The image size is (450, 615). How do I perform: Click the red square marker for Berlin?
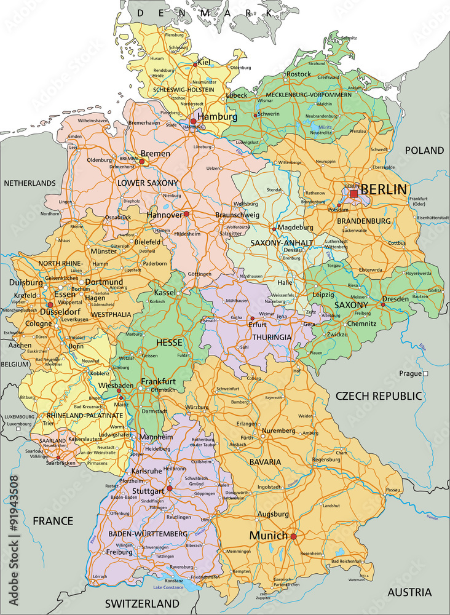click(353, 194)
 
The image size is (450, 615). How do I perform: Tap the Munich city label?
click(268, 536)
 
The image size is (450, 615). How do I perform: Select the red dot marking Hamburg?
click(193, 122)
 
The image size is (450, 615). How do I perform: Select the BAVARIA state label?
click(265, 461)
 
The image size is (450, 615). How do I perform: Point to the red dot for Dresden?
click(383, 304)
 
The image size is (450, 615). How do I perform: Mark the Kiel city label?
click(205, 62)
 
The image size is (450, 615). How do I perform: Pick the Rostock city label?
click(299, 74)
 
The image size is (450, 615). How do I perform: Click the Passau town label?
click(393, 490)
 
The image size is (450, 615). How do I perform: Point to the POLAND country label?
click(424, 150)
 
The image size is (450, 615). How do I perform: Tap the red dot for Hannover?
click(186, 215)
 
